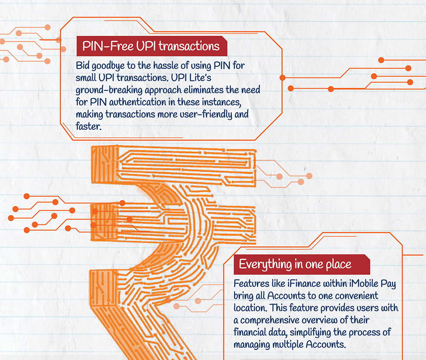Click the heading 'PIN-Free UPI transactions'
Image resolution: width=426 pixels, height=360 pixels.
[x=151, y=46]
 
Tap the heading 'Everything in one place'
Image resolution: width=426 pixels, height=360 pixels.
[x=295, y=264]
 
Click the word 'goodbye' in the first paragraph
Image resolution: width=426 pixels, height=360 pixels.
[x=108, y=66]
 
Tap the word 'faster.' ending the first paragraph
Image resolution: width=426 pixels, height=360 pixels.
[x=89, y=126]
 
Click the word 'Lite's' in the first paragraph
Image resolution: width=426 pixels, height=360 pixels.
[x=200, y=78]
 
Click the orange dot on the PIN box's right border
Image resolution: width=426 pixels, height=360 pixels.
[x=282, y=78]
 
